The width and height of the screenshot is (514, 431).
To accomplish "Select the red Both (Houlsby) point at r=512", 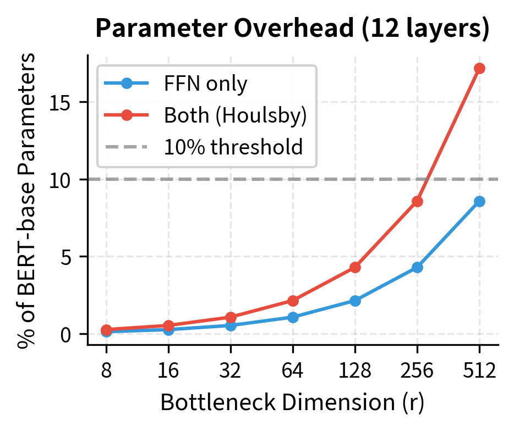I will [479, 68].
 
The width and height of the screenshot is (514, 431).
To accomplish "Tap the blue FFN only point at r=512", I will [479, 201].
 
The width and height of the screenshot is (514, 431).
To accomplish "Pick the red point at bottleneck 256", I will [417, 201].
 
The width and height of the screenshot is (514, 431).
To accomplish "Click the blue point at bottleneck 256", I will [417, 267].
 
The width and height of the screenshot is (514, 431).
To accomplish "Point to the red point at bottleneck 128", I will [355, 267].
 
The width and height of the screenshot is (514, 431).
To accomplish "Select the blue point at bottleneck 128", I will [355, 301].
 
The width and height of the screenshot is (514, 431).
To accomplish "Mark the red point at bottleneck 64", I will [293, 301].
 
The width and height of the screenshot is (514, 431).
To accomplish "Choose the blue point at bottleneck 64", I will [293, 317].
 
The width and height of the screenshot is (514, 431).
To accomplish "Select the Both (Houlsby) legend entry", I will [235, 115].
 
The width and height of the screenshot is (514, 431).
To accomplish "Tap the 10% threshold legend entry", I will [233, 147].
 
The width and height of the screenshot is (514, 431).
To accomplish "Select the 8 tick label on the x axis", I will [106, 371].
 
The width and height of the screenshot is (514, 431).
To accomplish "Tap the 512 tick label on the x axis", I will [479, 371].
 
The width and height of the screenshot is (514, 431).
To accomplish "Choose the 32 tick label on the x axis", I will [231, 371].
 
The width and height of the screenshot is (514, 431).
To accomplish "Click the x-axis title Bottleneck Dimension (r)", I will [292, 403].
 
